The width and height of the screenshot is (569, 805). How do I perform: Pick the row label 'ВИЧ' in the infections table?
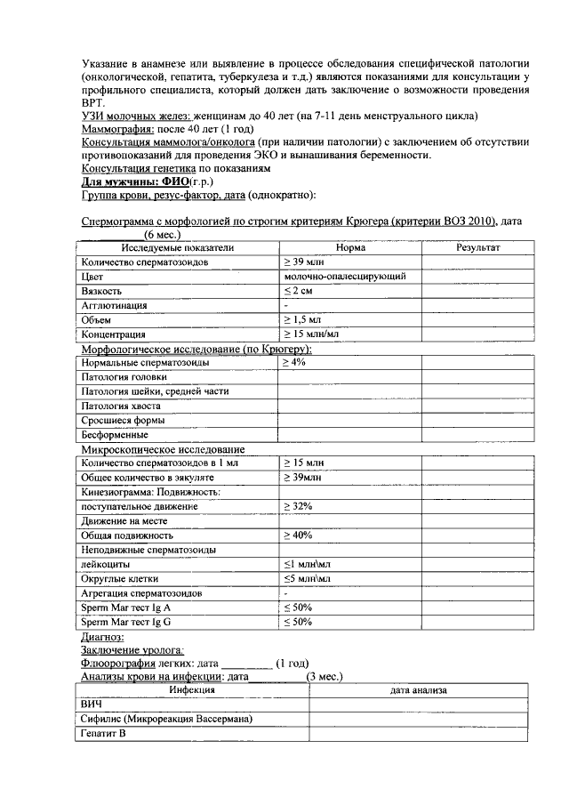(92, 704)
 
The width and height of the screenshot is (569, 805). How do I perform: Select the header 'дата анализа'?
(418, 690)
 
